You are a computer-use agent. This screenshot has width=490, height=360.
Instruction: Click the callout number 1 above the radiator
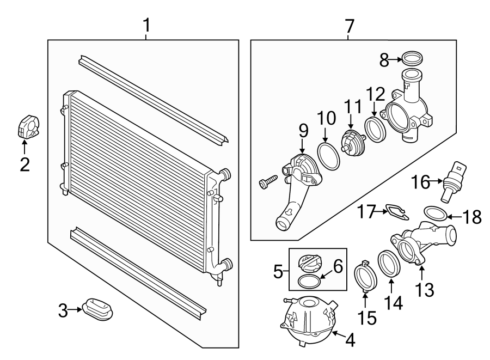pyautogui.click(x=146, y=25)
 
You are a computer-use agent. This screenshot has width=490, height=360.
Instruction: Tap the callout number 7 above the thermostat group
pyautogui.click(x=349, y=25)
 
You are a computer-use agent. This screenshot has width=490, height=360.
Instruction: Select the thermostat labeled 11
pyautogui.click(x=351, y=141)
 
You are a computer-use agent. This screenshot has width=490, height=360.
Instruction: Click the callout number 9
pyautogui.click(x=303, y=131)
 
